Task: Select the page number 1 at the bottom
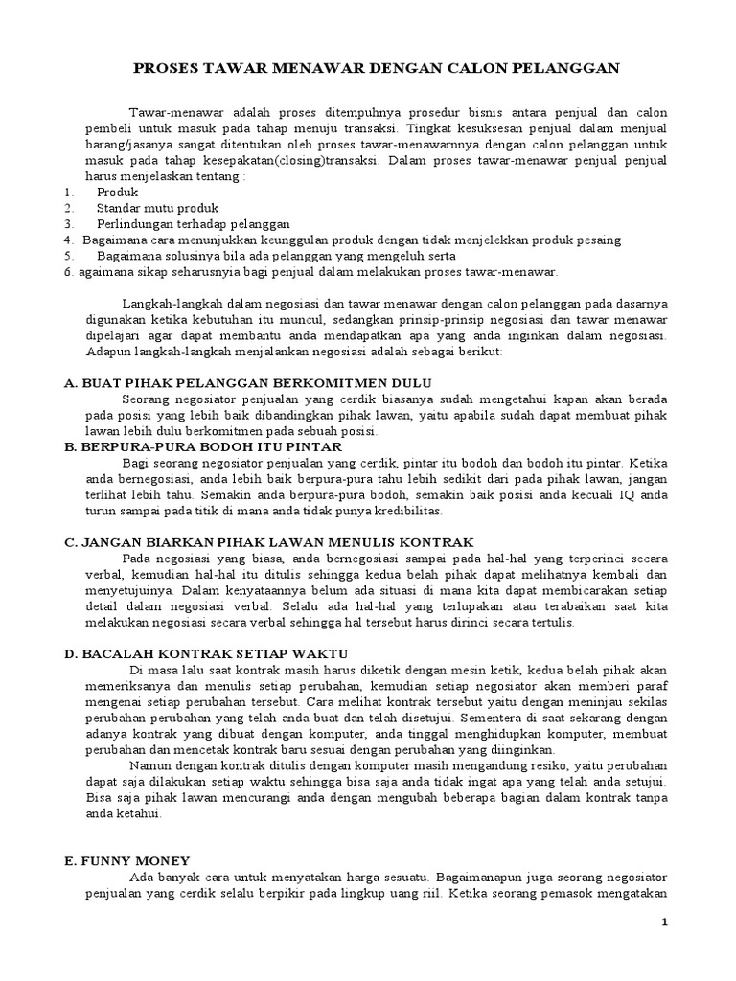point(664,922)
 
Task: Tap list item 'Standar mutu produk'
point(157,208)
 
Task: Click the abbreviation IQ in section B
point(622,494)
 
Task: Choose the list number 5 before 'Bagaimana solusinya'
point(69,255)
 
